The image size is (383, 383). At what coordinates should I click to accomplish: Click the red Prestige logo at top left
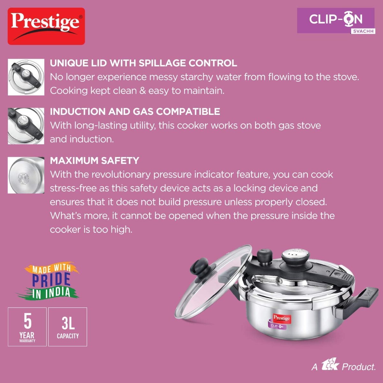(46, 26)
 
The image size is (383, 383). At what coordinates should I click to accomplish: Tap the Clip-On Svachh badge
(336, 21)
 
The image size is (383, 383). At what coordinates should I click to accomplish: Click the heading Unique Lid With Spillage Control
(143, 63)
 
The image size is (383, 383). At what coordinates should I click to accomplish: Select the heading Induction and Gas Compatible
(135, 111)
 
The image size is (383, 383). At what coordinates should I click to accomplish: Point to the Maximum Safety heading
(94, 161)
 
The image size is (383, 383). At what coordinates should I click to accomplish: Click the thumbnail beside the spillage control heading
(26, 77)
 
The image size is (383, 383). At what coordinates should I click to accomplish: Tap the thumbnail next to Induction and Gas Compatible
(26, 126)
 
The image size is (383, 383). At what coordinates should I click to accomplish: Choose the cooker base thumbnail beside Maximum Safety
(26, 175)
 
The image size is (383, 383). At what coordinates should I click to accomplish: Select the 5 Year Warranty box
(27, 327)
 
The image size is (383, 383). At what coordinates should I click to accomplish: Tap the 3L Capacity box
(68, 327)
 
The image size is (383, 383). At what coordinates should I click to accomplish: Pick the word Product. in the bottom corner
(358, 367)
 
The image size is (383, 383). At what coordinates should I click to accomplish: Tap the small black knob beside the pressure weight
(265, 257)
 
